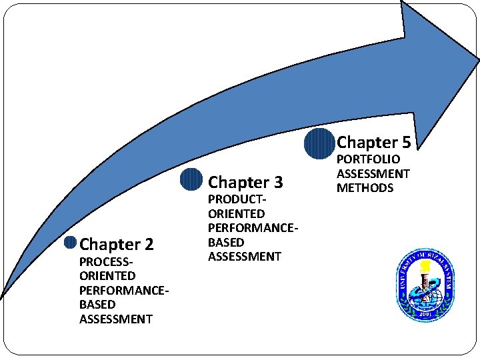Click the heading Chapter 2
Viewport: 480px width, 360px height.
pyautogui.click(x=117, y=245)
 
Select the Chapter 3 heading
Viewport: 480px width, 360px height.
pyautogui.click(x=245, y=182)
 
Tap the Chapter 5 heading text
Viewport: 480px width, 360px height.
pyautogui.click(x=373, y=142)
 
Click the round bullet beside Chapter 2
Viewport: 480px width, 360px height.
pyautogui.click(x=70, y=243)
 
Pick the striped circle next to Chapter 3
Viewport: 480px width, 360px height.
pyautogui.click(x=191, y=180)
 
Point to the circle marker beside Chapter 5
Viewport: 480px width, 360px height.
pyautogui.click(x=319, y=143)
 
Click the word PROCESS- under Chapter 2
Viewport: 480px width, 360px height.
pyautogui.click(x=103, y=261)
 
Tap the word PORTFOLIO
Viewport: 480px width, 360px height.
pyautogui.click(x=368, y=159)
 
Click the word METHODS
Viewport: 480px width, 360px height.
pyautogui.click(x=365, y=188)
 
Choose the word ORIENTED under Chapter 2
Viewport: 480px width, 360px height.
pyautogui.click(x=107, y=275)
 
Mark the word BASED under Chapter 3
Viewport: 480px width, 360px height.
pyautogui.click(x=226, y=242)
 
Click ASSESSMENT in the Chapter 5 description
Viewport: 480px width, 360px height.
pyautogui.click(x=373, y=173)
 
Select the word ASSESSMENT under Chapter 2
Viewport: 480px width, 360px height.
pyautogui.click(x=116, y=319)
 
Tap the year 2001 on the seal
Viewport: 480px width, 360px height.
pyautogui.click(x=425, y=314)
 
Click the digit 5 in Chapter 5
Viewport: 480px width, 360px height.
pyautogui.click(x=405, y=142)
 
